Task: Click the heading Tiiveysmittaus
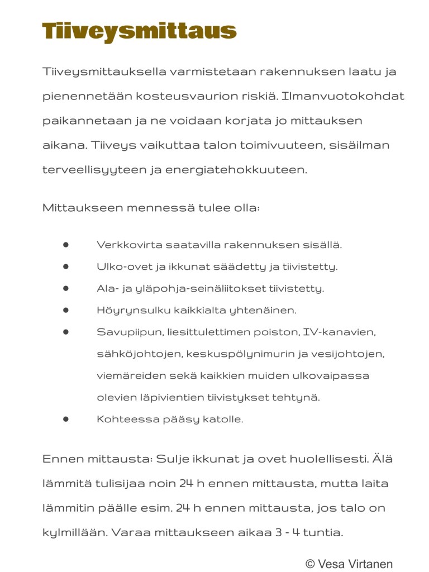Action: point(139,31)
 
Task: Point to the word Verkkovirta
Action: point(124,245)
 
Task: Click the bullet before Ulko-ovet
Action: point(65,266)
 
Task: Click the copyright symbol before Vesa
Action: point(310,564)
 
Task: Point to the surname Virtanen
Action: point(371,564)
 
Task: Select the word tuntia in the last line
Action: point(323,533)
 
